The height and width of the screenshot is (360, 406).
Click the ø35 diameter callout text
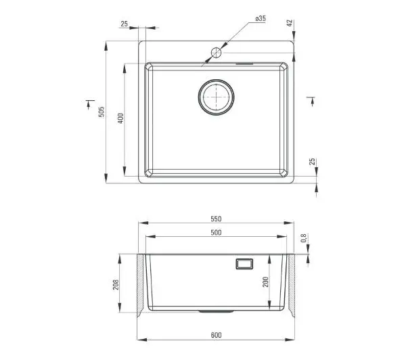click(261, 18)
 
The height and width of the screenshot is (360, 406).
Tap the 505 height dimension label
click(101, 112)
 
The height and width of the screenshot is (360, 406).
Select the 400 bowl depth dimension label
click(121, 118)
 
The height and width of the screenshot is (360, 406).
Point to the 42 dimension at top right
click(290, 23)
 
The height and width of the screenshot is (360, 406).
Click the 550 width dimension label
click(216, 219)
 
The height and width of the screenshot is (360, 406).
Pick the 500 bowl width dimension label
click(216, 233)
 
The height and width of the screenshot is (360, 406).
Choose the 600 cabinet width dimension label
click(216, 335)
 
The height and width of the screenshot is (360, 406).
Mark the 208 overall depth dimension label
click(116, 284)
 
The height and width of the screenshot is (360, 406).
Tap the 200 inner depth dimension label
click(266, 282)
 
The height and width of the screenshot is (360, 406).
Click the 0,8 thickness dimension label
click(304, 238)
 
